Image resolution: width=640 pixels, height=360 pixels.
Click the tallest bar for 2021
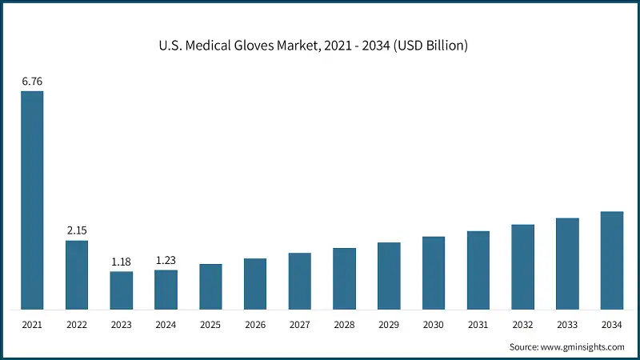32,200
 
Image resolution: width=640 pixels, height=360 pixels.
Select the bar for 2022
77,274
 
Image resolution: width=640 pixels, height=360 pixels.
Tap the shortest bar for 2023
122,290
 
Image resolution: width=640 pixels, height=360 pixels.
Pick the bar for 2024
166,290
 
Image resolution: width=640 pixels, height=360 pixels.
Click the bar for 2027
300,281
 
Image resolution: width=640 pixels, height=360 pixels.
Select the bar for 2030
434,273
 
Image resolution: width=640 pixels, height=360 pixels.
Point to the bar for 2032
523,266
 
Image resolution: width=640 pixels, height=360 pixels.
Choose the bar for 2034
612,260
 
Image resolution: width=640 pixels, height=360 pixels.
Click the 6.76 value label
32,80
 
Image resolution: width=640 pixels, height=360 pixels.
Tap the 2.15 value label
77,230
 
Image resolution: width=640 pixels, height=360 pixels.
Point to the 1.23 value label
166,260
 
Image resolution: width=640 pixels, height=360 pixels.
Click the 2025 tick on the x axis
210,326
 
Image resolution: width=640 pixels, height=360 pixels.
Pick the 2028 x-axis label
345,326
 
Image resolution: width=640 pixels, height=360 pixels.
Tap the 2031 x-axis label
478,326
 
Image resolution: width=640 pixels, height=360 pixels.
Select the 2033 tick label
567,326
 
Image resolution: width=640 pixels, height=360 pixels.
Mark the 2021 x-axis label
32,326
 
